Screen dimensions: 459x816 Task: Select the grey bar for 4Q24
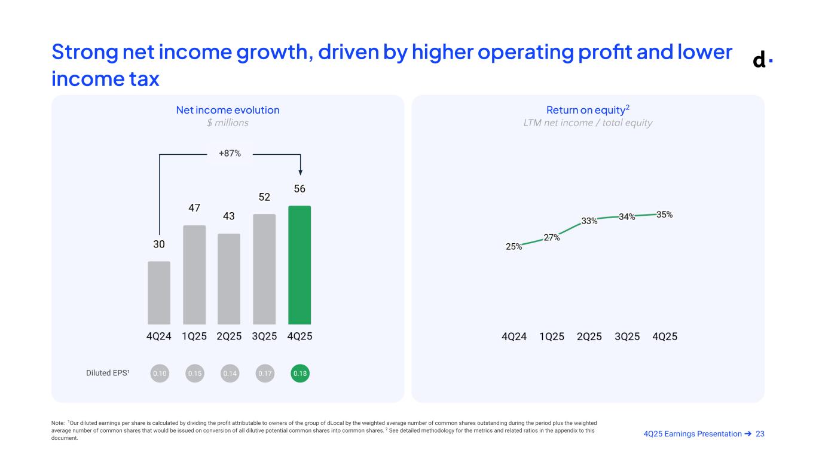pyautogui.click(x=159, y=293)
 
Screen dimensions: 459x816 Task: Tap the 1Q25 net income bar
pyautogui.click(x=194, y=274)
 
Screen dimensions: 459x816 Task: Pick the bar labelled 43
pyautogui.click(x=229, y=279)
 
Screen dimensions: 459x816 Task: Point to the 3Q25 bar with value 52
pyautogui.click(x=264, y=269)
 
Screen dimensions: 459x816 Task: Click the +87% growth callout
pyautogui.click(x=230, y=154)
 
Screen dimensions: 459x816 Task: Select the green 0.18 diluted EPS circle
pyautogui.click(x=300, y=374)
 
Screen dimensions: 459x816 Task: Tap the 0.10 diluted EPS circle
pyautogui.click(x=160, y=374)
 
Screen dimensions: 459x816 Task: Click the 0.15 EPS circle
pyautogui.click(x=195, y=374)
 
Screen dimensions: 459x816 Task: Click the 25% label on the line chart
pyautogui.click(x=514, y=246)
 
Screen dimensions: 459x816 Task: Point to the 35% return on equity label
pyautogui.click(x=665, y=214)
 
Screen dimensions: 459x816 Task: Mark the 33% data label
pyautogui.click(x=589, y=221)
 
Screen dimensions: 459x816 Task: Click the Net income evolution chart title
pyautogui.click(x=228, y=110)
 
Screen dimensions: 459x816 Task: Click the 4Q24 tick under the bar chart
pyautogui.click(x=159, y=336)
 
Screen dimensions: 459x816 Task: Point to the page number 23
pyautogui.click(x=760, y=434)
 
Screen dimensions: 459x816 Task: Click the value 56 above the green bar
pyautogui.click(x=299, y=189)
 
